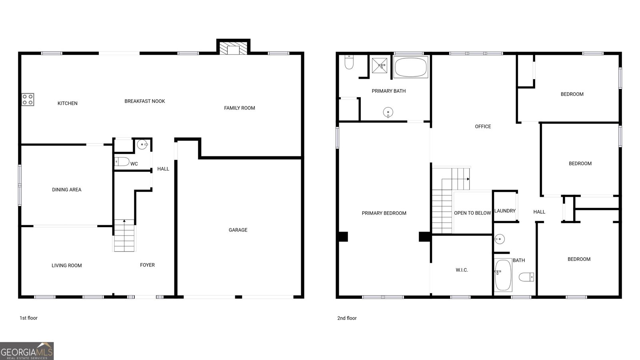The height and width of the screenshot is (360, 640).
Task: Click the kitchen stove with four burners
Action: click(x=28, y=100)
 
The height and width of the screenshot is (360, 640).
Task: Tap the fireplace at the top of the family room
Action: click(x=233, y=49)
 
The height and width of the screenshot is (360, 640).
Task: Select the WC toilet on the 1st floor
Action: click(x=122, y=162)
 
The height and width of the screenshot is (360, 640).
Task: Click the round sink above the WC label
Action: click(x=142, y=144)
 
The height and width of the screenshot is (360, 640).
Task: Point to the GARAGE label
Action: click(x=238, y=230)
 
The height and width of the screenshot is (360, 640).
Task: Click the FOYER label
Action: click(x=147, y=265)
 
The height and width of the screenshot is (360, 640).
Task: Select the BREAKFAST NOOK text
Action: click(x=145, y=101)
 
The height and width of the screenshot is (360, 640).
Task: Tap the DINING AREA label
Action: click(x=67, y=190)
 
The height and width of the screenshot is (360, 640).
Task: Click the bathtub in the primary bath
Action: click(x=411, y=67)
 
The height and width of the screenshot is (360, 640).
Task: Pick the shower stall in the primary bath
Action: click(x=380, y=65)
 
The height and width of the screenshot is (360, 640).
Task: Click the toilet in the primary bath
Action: click(x=349, y=62)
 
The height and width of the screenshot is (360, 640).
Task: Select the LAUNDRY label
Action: click(x=505, y=211)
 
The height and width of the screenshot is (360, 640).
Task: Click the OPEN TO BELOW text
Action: click(x=472, y=213)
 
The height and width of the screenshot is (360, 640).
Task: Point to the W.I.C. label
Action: click(x=462, y=270)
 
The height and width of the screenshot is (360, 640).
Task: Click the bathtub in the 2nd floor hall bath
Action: click(x=503, y=275)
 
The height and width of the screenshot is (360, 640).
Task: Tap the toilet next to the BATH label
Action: click(x=526, y=276)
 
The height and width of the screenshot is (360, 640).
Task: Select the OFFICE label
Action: click(x=483, y=126)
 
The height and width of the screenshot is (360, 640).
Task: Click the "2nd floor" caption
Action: click(x=347, y=318)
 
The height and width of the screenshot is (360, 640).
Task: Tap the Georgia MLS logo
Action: click(x=27, y=351)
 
